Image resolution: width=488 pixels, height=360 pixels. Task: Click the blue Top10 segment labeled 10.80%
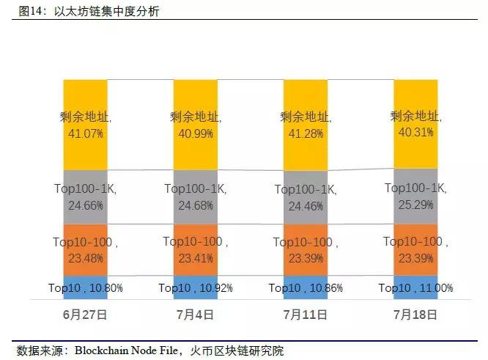click(x=85, y=287)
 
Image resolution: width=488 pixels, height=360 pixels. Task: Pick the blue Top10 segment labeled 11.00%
click(x=415, y=287)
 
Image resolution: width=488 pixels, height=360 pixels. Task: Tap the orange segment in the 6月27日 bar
click(x=85, y=249)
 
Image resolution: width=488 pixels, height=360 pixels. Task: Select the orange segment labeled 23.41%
click(x=195, y=249)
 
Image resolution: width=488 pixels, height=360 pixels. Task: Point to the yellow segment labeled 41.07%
click(x=85, y=123)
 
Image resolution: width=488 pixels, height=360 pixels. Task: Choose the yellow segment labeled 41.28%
click(x=305, y=123)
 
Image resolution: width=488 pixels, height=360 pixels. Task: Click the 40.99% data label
click(x=195, y=132)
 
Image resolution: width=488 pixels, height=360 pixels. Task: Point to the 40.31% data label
click(x=415, y=132)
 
